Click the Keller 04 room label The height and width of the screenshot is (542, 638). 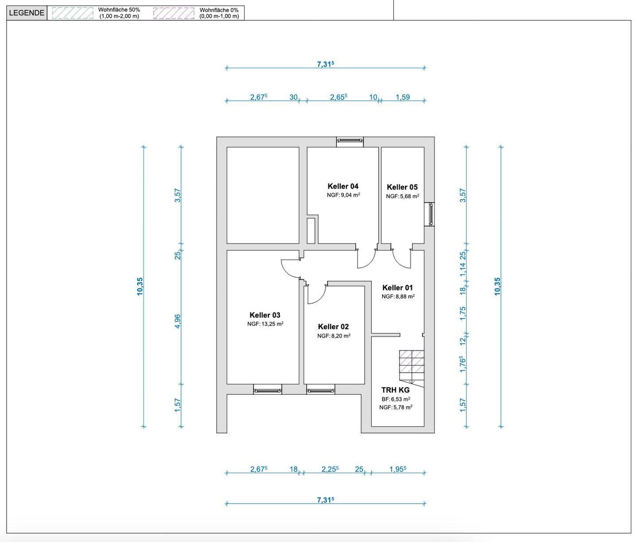coord(343,186)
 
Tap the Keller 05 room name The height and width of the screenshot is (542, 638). coord(402,187)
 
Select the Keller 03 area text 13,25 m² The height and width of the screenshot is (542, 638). coord(265,324)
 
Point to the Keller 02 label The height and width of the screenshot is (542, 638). coord(333,327)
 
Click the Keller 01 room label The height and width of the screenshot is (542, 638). coord(397,288)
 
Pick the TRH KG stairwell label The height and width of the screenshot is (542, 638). coord(395,390)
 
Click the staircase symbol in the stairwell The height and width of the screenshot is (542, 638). coord(412,366)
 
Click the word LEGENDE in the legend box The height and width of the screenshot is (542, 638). coord(27,13)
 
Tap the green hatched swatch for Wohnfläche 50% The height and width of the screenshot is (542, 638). coord(73,13)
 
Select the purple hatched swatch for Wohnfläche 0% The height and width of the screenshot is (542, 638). coord(174,13)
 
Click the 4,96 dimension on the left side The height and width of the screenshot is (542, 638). coord(178,322)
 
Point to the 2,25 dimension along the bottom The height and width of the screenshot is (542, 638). coord(330,469)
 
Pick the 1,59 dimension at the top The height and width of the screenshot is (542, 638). coord(403,97)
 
